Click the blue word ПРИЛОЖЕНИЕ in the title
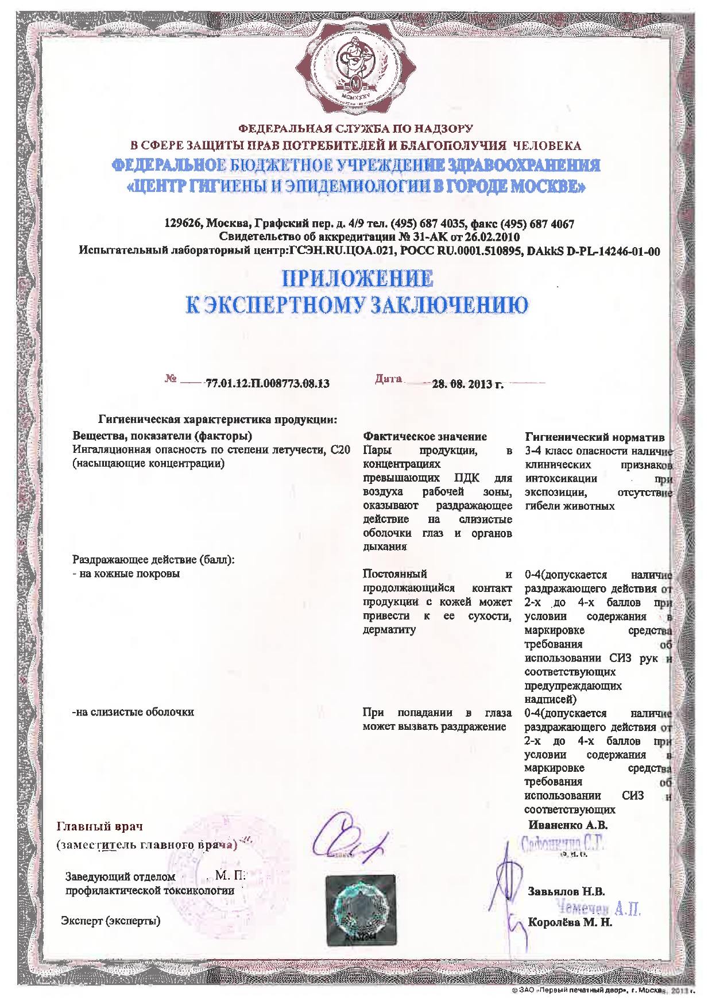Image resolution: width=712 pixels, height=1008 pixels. tap(356, 280)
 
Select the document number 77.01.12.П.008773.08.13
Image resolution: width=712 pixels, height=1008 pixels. tap(267, 383)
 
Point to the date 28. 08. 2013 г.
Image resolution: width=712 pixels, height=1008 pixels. tap(468, 384)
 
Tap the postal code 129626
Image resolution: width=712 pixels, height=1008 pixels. tap(181, 224)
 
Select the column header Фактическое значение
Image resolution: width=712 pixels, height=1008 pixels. tap(425, 437)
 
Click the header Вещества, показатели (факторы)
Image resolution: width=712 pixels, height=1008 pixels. tap(163, 437)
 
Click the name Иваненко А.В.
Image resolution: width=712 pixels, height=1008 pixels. tap(567, 825)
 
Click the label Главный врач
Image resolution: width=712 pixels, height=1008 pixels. tap(99, 826)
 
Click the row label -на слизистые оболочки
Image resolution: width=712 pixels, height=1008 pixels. tap(133, 712)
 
